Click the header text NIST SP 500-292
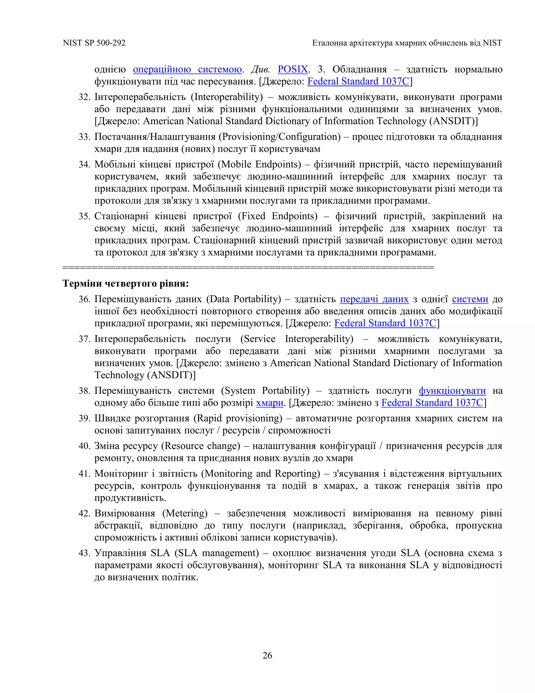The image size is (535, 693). pos(94,43)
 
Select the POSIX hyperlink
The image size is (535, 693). pos(293,69)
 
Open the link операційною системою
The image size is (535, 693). pos(187,69)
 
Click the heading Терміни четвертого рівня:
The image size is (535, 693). pos(125,283)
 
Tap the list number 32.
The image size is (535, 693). pos(84,97)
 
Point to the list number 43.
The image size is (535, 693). pos(84,553)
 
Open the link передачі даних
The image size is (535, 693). pos(374,299)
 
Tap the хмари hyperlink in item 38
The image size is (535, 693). pos(269,402)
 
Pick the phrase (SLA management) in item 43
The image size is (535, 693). pos(217,553)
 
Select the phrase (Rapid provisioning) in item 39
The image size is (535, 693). pos(238,418)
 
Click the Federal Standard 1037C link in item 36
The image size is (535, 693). pos(385,323)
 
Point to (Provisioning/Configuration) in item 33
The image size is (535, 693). pos(280,137)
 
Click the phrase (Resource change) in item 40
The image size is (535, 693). pos(201,446)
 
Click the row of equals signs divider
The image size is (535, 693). pos(248,268)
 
